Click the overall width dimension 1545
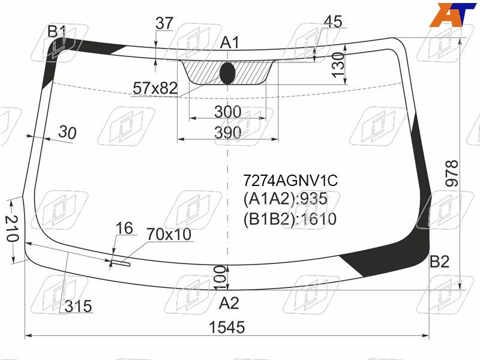coord(227,327)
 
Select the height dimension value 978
coord(452,173)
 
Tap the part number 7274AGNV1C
coord(290,181)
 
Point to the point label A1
coord(230,43)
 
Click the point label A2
coord(229,304)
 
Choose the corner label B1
coord(57,32)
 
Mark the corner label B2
coord(440,262)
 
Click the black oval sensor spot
coord(227,73)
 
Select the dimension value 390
coord(228,133)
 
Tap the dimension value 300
coord(228,112)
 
